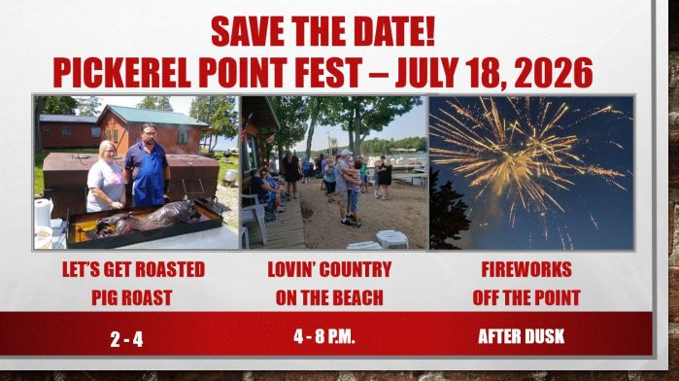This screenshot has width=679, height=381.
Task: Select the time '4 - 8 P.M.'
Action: [x=324, y=337]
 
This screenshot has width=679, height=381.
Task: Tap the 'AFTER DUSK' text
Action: [x=521, y=337]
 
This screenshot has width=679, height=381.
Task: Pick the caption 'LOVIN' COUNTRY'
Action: [x=328, y=269]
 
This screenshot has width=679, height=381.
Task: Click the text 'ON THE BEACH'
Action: [x=328, y=297]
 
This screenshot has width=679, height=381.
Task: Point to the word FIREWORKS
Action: [x=526, y=269]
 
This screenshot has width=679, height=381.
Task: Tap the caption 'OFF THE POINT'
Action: [x=526, y=297]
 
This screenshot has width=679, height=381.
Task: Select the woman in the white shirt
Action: [x=106, y=180]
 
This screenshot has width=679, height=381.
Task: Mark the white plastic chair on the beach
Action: [x=392, y=238]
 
